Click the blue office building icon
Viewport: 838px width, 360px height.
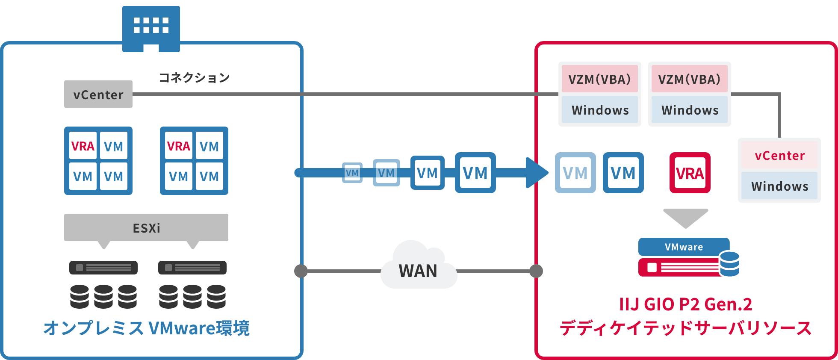point(151,28)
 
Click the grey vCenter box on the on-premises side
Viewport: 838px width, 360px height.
point(98,94)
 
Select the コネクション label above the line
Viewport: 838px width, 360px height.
point(194,78)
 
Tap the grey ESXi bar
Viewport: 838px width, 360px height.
point(146,227)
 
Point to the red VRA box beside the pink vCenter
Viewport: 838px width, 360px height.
point(690,173)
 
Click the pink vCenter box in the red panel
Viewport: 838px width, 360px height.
point(779,156)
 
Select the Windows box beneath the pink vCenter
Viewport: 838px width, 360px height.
point(779,186)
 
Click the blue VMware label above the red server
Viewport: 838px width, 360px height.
point(684,247)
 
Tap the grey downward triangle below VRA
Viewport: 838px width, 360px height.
point(685,217)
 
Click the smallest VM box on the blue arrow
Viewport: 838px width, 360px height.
point(352,173)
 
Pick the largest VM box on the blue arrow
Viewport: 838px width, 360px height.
point(475,173)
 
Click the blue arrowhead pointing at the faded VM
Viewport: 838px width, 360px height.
point(536,173)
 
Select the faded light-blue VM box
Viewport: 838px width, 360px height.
point(575,173)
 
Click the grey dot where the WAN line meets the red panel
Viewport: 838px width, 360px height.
point(536,271)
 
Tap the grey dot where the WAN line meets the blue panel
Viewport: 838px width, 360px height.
point(301,271)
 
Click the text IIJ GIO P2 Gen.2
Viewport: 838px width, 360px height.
point(685,304)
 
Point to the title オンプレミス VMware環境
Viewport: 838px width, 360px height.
point(146,328)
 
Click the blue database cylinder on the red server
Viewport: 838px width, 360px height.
point(729,264)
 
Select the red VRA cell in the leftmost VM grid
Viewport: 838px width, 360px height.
point(83,147)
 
